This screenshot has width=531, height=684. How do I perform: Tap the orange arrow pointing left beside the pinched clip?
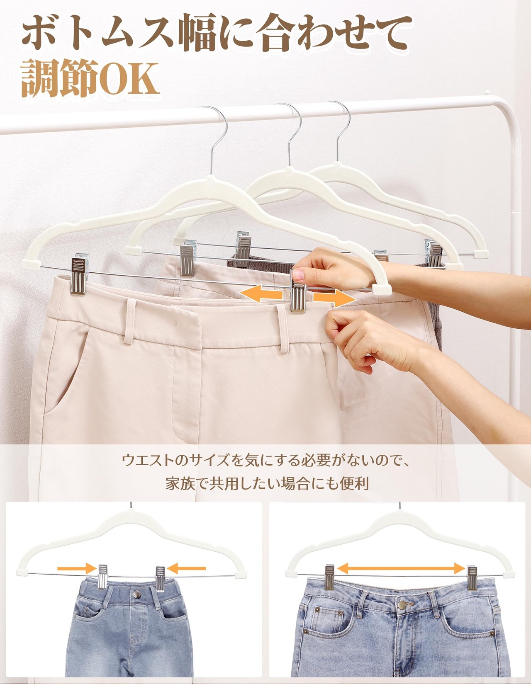click(261, 293)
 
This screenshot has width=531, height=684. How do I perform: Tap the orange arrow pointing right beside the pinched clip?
click(334, 298)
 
